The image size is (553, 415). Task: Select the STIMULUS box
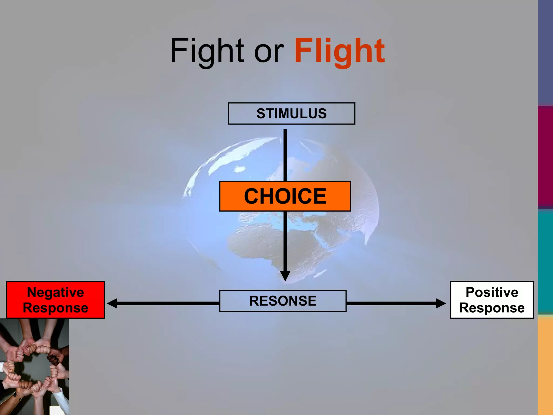pos(291,113)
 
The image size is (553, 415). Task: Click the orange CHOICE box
pos(285,196)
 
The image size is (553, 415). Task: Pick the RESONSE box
pos(283,301)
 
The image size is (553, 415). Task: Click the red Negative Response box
pos(55,300)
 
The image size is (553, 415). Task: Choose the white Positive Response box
pos(492,300)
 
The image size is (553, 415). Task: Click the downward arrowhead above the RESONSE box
pos(285,276)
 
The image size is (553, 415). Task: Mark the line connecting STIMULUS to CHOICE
pos(285,155)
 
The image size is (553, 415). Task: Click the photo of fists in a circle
pos(34,367)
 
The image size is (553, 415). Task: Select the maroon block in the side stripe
pos(545,157)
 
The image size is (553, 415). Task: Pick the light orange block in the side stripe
pos(545,365)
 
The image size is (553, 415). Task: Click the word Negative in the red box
pos(55,292)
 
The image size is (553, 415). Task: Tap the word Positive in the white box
pos(492,292)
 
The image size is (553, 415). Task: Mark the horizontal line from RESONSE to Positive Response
pos(392,303)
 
